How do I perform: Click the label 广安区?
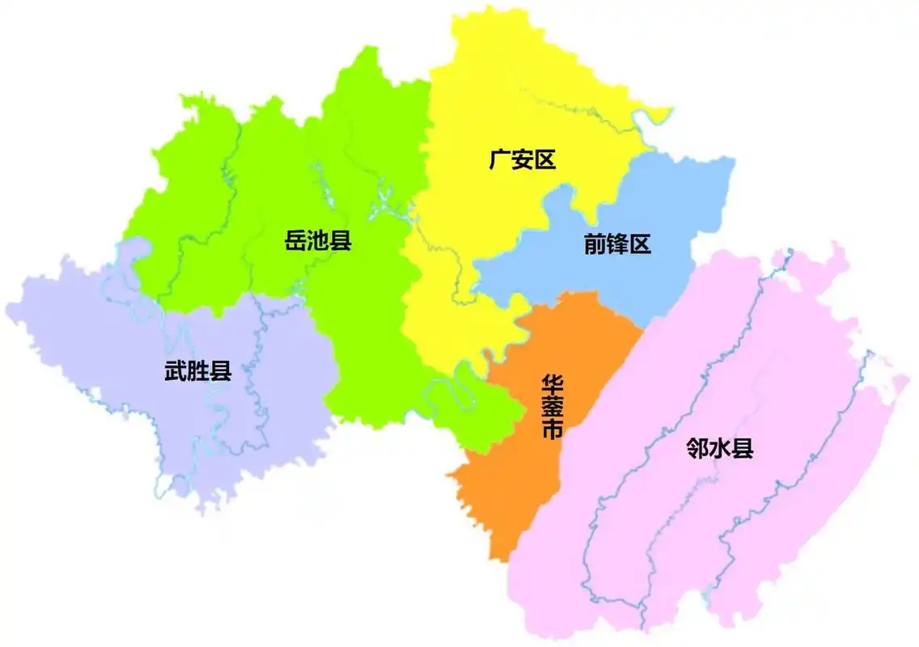[x=523, y=159]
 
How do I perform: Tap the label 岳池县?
[x=318, y=240]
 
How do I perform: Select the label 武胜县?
[x=198, y=372]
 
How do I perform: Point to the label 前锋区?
[x=617, y=243]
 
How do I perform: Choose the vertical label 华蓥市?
[x=553, y=407]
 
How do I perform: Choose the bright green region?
[x=356, y=323]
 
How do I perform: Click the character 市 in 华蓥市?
[x=553, y=430]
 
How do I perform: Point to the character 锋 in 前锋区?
[x=617, y=243]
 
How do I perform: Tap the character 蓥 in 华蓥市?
[x=553, y=407]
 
